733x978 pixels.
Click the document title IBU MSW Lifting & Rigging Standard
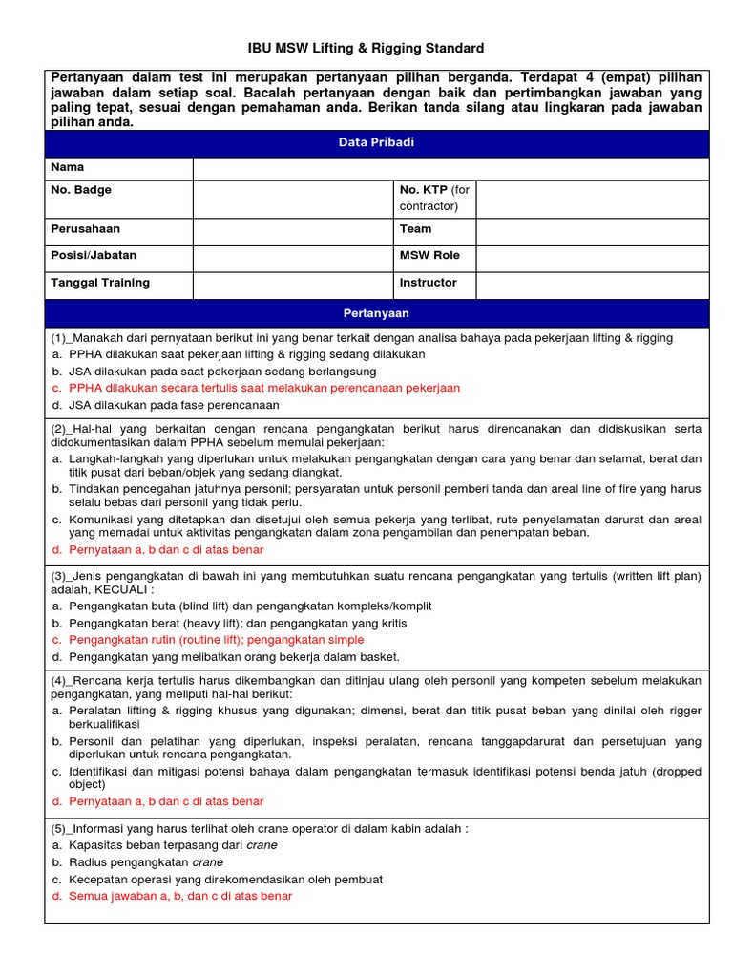366,48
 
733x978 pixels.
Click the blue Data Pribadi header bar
376,142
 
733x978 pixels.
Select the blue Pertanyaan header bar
376,313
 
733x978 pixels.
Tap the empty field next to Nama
450,168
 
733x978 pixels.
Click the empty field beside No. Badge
292,199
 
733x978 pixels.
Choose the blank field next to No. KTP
592,199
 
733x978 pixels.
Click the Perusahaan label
86,229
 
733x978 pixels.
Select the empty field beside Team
592,232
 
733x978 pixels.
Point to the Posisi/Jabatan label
94,255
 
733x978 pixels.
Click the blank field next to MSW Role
592,259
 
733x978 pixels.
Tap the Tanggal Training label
100,283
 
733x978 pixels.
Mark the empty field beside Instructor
592,286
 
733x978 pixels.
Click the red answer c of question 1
263,388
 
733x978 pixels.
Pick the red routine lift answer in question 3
216,640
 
